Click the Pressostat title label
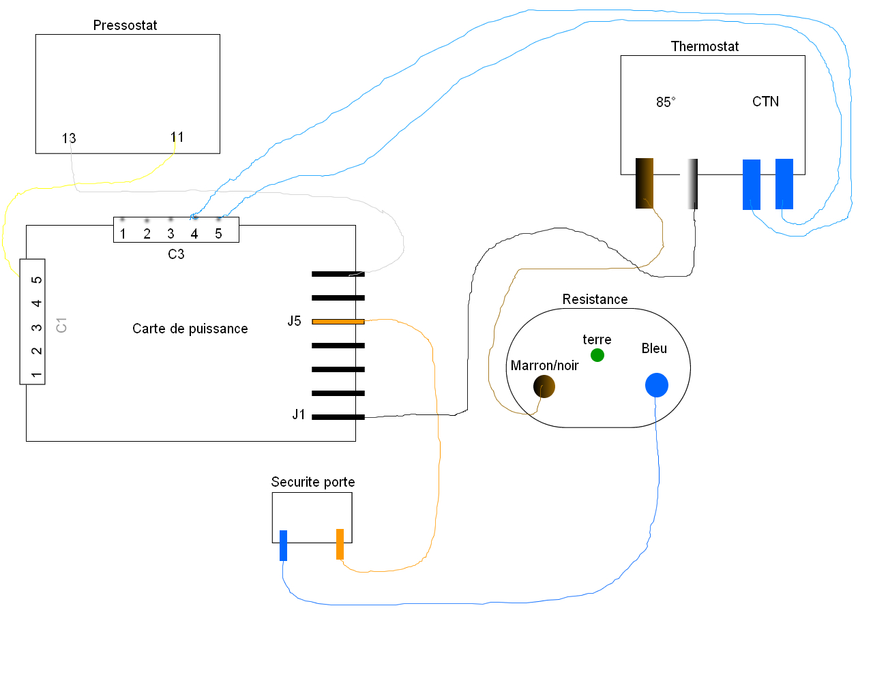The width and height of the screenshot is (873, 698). tap(125, 25)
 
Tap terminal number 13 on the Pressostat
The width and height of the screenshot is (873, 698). tap(69, 138)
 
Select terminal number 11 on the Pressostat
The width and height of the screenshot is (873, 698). tap(177, 137)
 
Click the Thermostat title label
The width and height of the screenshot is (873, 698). tap(705, 46)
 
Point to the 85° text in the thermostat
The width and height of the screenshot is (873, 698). tap(666, 102)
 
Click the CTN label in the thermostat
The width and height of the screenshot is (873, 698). tap(765, 102)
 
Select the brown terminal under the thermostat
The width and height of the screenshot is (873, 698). tap(645, 183)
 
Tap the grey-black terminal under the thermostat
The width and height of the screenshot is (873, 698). tap(693, 183)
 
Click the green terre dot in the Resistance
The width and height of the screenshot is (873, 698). tap(597, 355)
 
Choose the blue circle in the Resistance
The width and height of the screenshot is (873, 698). tap(657, 385)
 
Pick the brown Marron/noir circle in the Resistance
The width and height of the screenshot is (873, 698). tap(544, 386)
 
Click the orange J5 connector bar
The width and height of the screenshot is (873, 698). tap(338, 321)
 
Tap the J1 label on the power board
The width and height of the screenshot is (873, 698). tap(299, 414)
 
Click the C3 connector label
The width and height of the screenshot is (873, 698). tap(176, 254)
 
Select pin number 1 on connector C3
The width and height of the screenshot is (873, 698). tap(123, 234)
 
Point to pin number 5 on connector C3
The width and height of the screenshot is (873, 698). tap(218, 234)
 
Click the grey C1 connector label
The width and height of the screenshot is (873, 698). tap(61, 325)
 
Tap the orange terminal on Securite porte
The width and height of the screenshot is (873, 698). tap(340, 544)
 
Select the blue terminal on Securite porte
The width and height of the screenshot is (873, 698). tap(284, 545)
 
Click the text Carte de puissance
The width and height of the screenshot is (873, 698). tap(190, 329)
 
